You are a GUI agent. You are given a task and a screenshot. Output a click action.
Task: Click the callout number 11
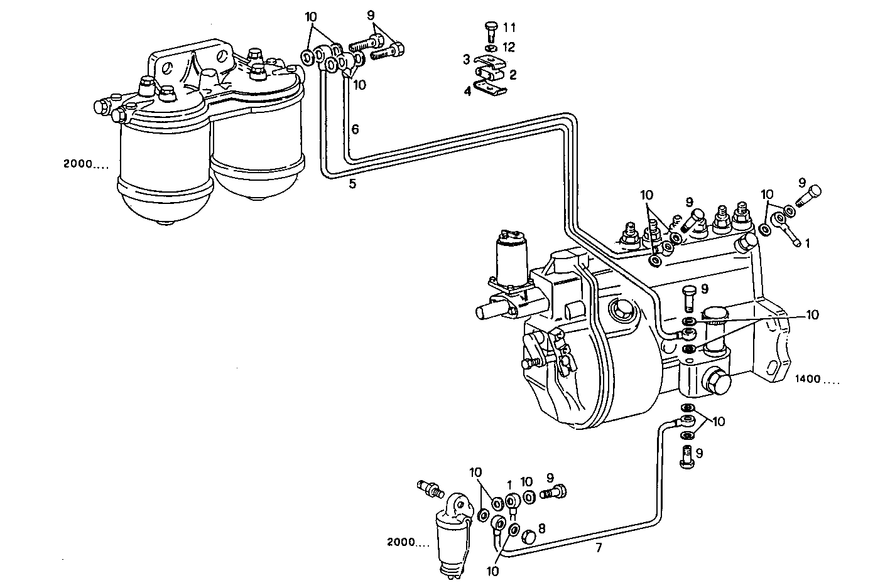(x=509, y=28)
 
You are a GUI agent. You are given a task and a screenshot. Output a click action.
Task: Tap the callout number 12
(x=509, y=47)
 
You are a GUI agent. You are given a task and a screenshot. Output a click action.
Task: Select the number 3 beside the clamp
(x=467, y=60)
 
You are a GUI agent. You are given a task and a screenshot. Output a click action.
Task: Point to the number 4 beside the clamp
(x=467, y=91)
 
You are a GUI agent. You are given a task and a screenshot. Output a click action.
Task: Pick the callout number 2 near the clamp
(x=513, y=75)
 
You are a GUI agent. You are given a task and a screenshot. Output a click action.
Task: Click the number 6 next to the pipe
(x=355, y=130)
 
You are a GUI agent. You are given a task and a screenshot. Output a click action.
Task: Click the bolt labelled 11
(x=491, y=29)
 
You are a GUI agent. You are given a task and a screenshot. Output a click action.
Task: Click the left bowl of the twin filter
(x=165, y=169)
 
